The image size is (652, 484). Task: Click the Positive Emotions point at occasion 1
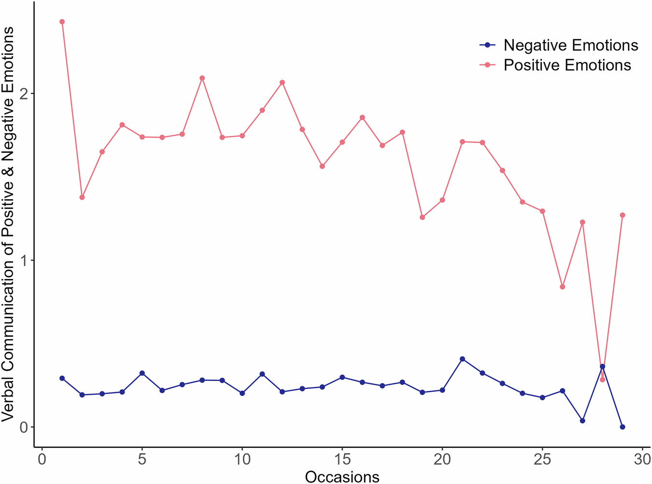[x=62, y=22]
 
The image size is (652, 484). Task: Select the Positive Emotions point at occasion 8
[x=202, y=78]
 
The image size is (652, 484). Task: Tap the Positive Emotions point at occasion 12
[x=282, y=83]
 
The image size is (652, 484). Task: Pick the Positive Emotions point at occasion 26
[x=562, y=287]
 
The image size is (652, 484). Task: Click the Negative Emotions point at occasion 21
[x=462, y=359]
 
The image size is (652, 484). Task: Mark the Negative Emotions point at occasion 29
[x=623, y=427]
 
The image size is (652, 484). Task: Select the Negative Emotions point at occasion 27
[x=582, y=421]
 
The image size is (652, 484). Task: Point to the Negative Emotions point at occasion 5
[x=142, y=373]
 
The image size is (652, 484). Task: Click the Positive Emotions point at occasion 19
[x=422, y=217]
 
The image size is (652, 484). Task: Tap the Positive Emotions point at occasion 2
[x=82, y=197]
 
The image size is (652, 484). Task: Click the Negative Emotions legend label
[x=570, y=45]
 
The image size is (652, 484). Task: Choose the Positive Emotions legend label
[x=567, y=65]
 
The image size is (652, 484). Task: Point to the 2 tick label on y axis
[x=23, y=93]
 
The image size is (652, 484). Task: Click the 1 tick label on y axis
[x=23, y=260]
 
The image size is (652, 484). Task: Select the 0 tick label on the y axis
[x=23, y=427]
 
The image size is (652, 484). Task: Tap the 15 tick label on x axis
[x=342, y=459]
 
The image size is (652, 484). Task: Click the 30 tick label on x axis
[x=642, y=459]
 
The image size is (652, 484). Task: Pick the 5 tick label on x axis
[x=142, y=459]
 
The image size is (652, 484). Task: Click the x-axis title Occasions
[x=342, y=477]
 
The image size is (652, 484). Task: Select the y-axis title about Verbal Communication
[x=9, y=223]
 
